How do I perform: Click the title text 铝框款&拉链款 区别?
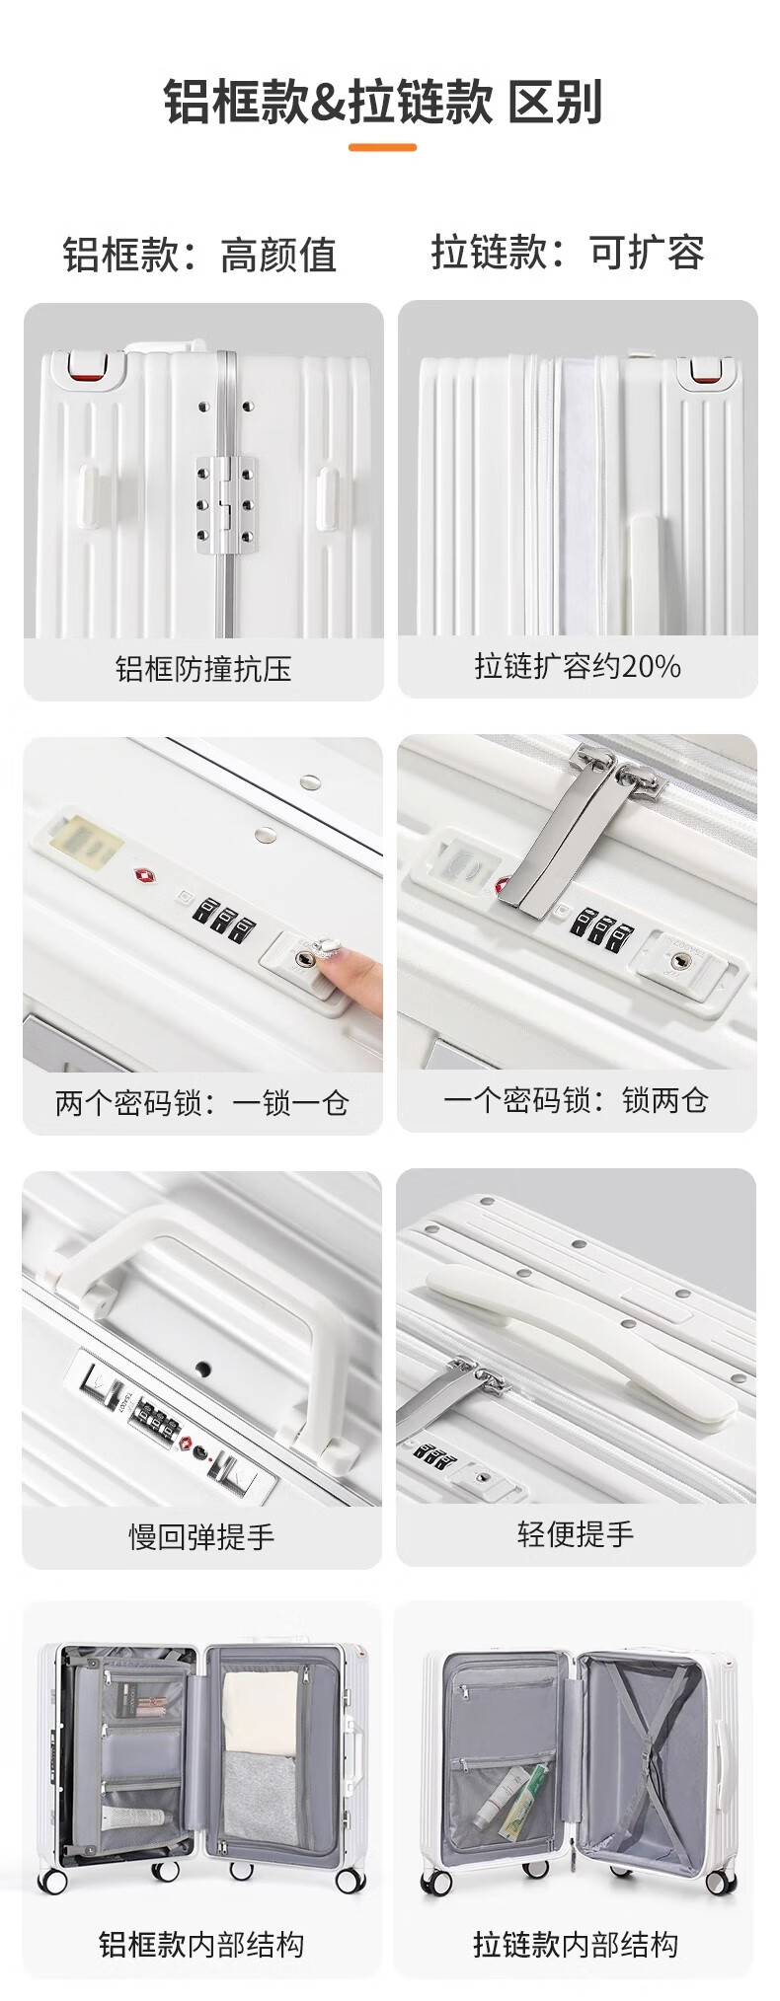pos(382,103)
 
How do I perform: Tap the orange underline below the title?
pos(382,148)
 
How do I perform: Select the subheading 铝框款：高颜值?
pos(200,255)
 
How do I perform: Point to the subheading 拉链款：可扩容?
pos(568,253)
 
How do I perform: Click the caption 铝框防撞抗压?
pos(203,669)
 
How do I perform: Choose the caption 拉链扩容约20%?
pos(578,666)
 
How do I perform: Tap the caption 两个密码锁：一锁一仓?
pos(202,1102)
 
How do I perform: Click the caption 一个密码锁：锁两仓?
pos(576,1099)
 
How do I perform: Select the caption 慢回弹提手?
pos(201,1536)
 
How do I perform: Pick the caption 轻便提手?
pos(576,1533)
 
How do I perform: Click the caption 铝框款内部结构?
pos(201,1944)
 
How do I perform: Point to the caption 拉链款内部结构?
pos(576,1944)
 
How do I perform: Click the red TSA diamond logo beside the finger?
pos(142,875)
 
